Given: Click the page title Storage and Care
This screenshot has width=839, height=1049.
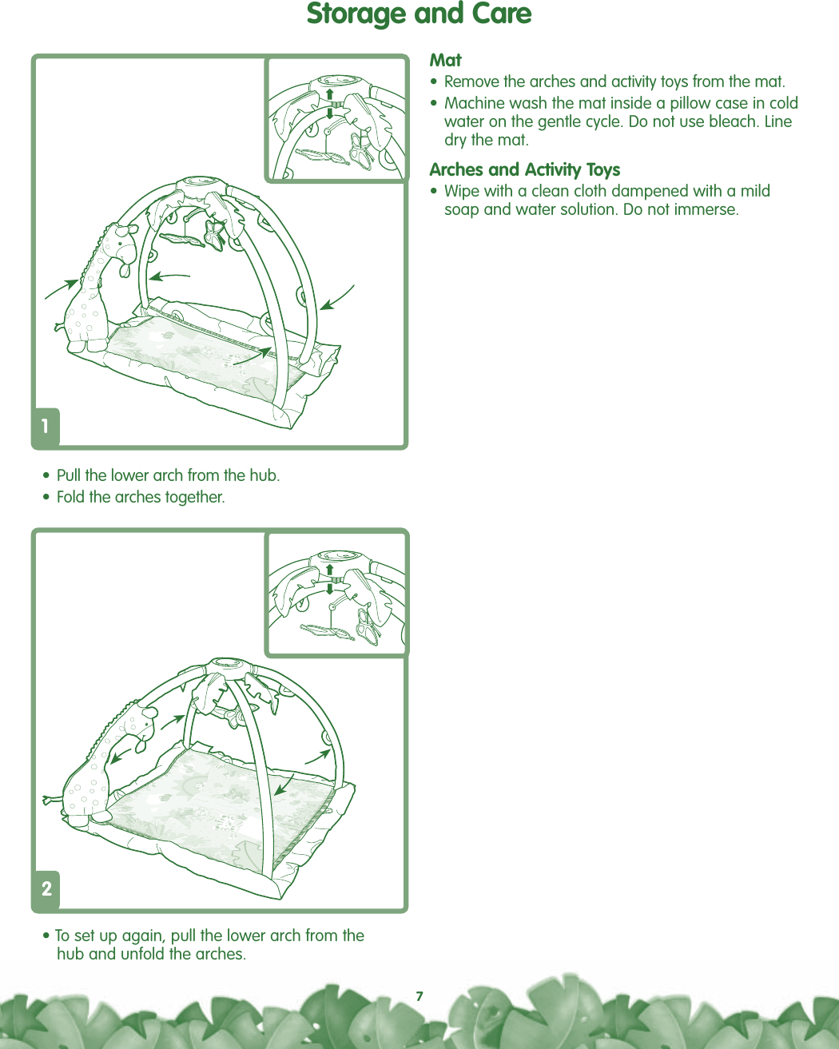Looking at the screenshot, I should click(419, 14).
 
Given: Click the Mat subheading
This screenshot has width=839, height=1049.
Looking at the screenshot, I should click(445, 60).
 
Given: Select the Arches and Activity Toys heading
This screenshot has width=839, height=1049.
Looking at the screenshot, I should click(524, 169).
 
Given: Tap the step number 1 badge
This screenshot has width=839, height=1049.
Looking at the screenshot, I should click(46, 426).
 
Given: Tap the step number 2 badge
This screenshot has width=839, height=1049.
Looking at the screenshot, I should click(46, 888).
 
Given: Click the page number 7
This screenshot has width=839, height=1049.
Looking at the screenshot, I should click(419, 996).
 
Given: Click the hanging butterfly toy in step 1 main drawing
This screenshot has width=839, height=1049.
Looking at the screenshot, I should click(214, 235).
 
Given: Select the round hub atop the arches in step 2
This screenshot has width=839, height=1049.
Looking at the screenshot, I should click(229, 666).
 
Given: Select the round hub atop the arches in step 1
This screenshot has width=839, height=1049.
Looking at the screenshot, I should click(197, 186).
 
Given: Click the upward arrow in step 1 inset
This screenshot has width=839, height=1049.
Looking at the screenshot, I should click(328, 94).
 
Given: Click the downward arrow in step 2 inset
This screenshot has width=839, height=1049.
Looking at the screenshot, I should click(329, 589).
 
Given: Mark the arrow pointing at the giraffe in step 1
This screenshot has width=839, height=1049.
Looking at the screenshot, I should click(62, 288).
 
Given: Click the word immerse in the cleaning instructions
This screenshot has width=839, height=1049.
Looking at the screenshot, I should click(706, 209).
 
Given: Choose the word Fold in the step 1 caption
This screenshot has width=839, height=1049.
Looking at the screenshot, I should click(70, 497).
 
